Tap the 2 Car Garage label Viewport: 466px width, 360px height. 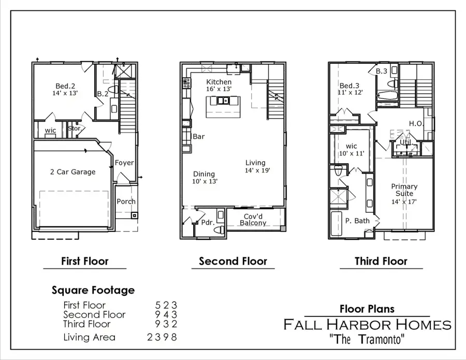tap(72, 171)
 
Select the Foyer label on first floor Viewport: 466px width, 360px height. tap(124, 163)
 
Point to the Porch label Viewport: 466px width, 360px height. tap(126, 201)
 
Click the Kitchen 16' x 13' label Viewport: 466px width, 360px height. tap(219, 85)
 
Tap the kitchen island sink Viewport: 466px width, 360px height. tap(224, 101)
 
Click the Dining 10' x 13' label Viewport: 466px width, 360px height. tap(205, 178)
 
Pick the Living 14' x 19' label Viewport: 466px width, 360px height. tap(257, 166)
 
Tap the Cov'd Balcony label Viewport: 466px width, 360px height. tap(253, 220)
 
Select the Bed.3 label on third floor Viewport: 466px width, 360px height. tap(350, 89)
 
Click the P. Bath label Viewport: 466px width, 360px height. tap(357, 221)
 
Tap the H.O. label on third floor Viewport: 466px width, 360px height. tap(416, 123)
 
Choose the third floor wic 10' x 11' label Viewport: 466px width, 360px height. tap(352, 150)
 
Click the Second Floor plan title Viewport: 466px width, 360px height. tap(233, 261)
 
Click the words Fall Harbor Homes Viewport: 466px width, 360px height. tap(367, 325)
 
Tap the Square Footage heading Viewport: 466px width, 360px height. tap(93, 290)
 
